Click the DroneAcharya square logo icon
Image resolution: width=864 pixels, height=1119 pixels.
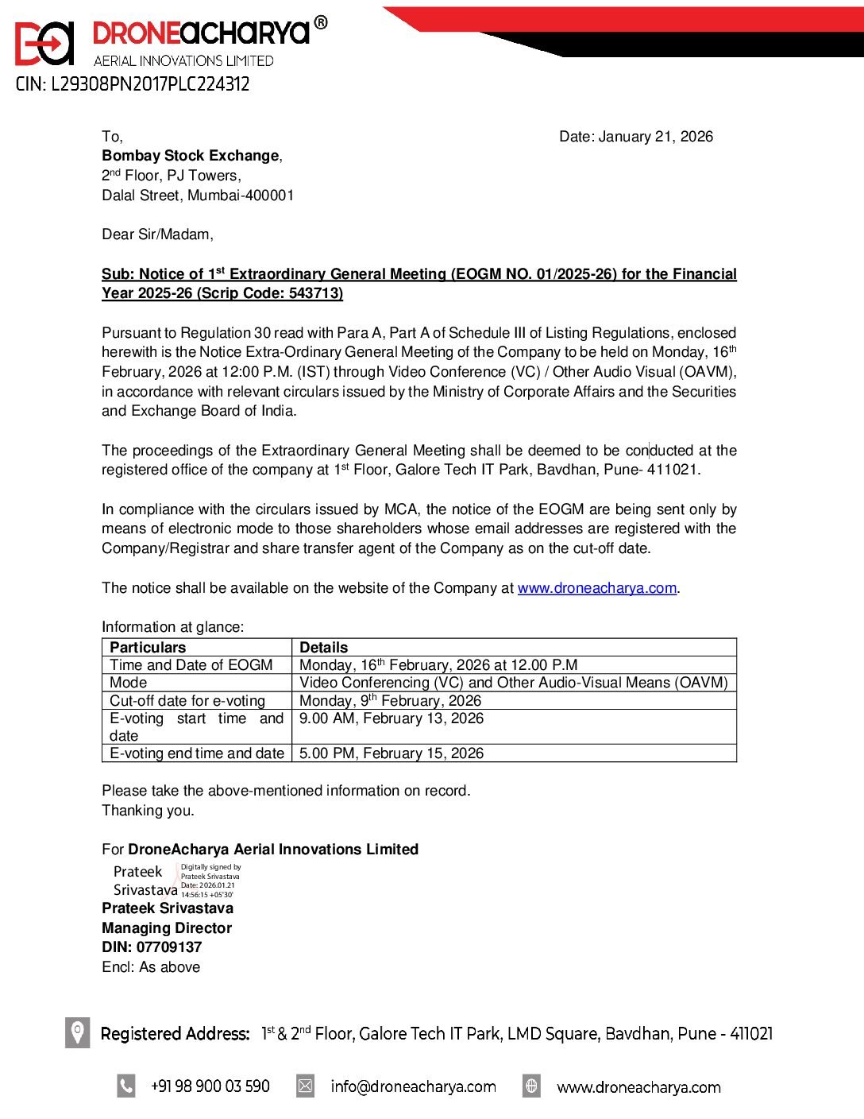coord(44,44)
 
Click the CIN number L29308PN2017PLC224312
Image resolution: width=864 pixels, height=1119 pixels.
coord(133,84)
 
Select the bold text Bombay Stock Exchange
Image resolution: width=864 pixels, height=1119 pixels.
coord(191,156)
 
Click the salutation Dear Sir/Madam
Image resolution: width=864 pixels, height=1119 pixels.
coord(157,234)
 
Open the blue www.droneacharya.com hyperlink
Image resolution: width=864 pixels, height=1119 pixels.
coord(596,588)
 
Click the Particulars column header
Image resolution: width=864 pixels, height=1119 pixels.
coord(148,647)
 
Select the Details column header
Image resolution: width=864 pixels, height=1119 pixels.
coord(323,647)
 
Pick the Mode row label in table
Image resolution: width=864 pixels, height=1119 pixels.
coord(129,683)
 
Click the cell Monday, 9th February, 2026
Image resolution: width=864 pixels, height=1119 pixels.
coord(390,700)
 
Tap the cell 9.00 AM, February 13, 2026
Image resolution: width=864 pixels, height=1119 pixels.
coord(391,718)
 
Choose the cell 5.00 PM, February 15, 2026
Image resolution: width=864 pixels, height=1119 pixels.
coord(391,753)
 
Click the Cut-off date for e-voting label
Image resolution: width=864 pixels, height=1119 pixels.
coord(187,700)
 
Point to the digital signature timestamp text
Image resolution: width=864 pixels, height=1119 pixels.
coord(210,881)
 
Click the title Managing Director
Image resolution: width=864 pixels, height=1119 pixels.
coord(167,927)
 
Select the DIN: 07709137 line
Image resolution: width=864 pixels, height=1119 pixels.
coord(152,947)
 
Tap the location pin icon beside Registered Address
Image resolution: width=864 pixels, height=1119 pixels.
coord(77,1032)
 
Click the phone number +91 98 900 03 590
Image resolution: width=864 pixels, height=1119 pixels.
coord(210,1086)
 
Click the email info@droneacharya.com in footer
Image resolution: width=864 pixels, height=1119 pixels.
coord(413,1086)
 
